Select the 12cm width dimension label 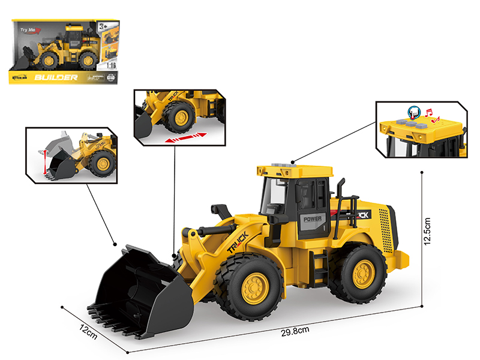tap(88, 331)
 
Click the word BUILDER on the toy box tap(56, 77)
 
